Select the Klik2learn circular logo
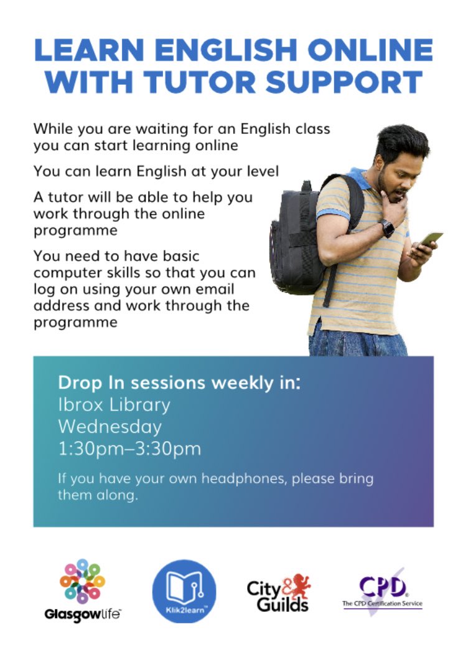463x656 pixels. click(x=184, y=591)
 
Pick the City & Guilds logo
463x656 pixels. click(x=278, y=592)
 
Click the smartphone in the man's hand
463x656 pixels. click(x=431, y=239)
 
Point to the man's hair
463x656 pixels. click(x=401, y=140)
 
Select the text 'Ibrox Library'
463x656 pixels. click(x=114, y=404)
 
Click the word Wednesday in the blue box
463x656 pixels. click(x=110, y=427)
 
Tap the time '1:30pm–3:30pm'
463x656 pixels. click(x=129, y=449)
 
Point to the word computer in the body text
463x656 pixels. click(x=69, y=273)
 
